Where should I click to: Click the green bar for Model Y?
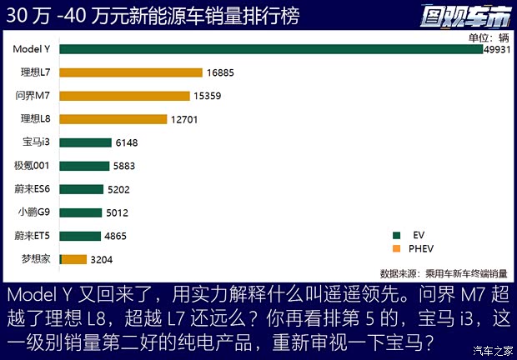pos(271,49)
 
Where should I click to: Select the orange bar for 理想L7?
pos(131,72)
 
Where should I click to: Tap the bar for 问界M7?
pos(124,96)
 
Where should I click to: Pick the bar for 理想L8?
pos(114,119)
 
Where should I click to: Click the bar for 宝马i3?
pos(85,142)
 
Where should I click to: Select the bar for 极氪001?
pos(84,166)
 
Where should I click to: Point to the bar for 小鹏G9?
pos(81,212)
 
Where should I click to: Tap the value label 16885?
pos(221,72)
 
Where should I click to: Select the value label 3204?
pos(101,259)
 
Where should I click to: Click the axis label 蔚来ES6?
pos(33,189)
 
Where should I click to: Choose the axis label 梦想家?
pos(37,259)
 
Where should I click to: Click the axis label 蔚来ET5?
pos(33,236)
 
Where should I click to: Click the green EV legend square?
pos(397,236)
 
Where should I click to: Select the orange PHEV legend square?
pos(397,248)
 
